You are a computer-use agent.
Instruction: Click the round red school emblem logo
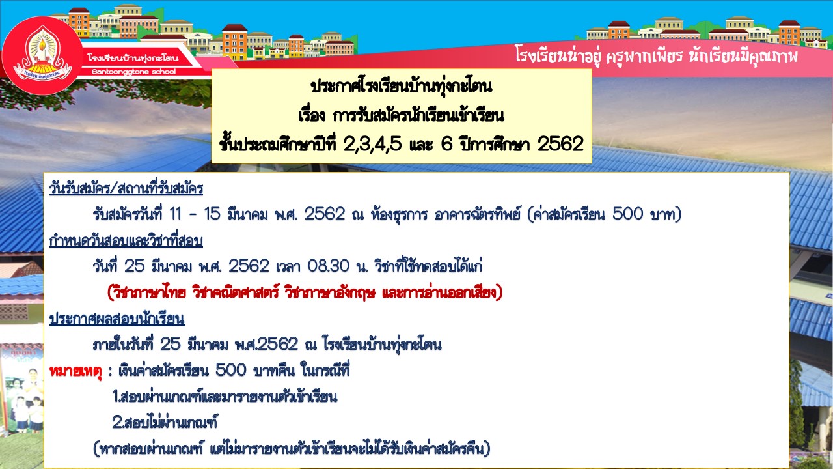(42, 55)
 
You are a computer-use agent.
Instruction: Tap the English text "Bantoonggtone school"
(134, 72)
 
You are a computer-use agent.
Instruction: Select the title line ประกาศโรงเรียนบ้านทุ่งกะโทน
(402, 87)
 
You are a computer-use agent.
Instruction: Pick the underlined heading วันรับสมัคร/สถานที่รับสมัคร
(126, 188)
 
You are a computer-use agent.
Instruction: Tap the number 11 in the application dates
(175, 214)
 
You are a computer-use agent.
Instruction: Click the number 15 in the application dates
(212, 214)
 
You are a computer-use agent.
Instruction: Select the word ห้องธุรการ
(399, 215)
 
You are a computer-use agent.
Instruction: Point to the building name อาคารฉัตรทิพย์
(477, 214)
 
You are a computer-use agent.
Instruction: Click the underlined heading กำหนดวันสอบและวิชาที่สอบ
(126, 240)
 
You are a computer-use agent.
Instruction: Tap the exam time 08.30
(329, 266)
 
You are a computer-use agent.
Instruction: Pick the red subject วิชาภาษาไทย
(146, 292)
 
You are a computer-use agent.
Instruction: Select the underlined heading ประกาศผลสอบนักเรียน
(116, 319)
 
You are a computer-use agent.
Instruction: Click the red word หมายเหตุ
(75, 371)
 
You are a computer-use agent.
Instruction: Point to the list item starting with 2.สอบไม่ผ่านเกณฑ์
(165, 422)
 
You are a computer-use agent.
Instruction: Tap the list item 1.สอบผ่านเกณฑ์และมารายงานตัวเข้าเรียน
(225, 397)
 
